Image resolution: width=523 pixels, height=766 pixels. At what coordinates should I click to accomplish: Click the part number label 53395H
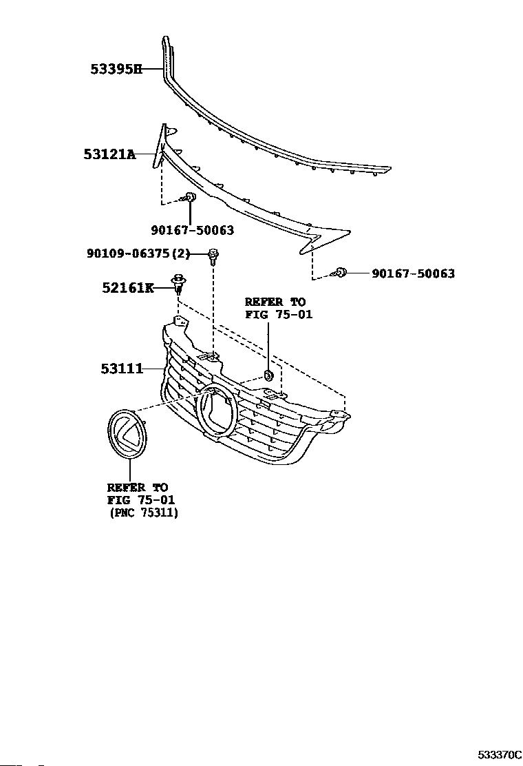(x=116, y=69)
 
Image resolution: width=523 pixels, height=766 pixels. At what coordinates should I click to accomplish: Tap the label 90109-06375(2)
(x=138, y=254)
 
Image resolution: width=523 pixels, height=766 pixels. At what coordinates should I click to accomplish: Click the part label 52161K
(x=128, y=288)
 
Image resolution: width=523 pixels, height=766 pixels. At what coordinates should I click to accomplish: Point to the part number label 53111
(x=121, y=369)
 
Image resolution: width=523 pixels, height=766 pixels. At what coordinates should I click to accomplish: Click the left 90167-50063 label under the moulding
(x=192, y=231)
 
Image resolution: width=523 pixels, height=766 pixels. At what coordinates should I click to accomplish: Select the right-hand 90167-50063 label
(x=413, y=273)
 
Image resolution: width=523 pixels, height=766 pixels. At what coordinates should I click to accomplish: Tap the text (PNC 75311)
(x=143, y=513)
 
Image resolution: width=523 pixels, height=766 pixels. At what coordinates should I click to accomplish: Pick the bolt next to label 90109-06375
(x=214, y=257)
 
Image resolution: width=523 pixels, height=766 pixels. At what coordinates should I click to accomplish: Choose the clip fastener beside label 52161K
(x=178, y=282)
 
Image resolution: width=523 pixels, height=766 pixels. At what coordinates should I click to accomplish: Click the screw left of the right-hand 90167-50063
(x=339, y=273)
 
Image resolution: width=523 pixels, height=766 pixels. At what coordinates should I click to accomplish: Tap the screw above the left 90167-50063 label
(x=191, y=199)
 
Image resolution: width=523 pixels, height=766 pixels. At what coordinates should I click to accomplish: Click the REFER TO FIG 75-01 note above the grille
(x=275, y=309)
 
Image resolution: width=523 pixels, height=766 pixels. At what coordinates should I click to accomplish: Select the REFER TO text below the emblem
(x=137, y=488)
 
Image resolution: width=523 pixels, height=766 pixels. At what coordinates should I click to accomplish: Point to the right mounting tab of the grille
(x=339, y=415)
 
